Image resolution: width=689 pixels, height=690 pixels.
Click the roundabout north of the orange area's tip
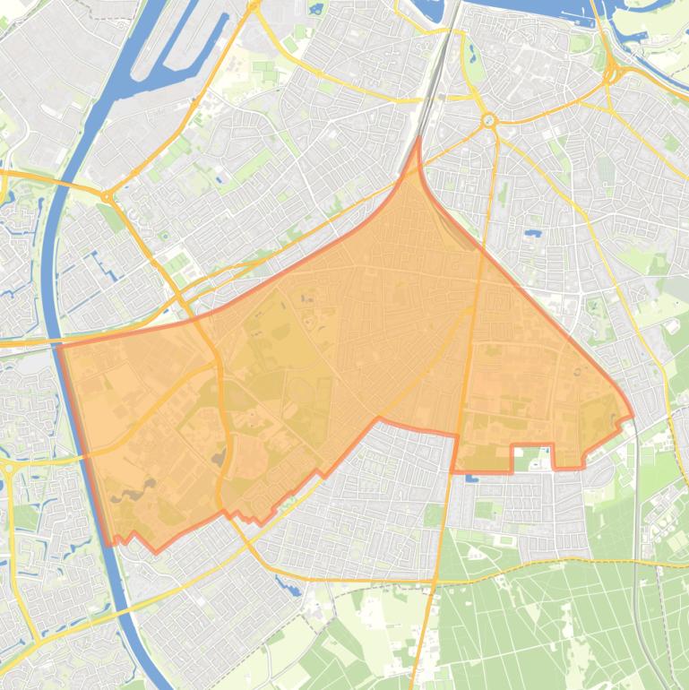click(x=488, y=120)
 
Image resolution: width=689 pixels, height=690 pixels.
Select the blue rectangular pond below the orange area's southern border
click(x=472, y=477)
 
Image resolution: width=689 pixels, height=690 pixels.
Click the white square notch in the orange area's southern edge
click(x=531, y=457)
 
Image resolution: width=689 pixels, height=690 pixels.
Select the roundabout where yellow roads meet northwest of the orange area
click(x=106, y=196)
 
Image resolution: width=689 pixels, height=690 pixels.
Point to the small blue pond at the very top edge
click(x=315, y=10)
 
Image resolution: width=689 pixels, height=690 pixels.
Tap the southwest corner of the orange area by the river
click(x=111, y=542)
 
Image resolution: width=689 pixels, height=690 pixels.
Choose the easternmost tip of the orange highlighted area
click(x=633, y=416)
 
